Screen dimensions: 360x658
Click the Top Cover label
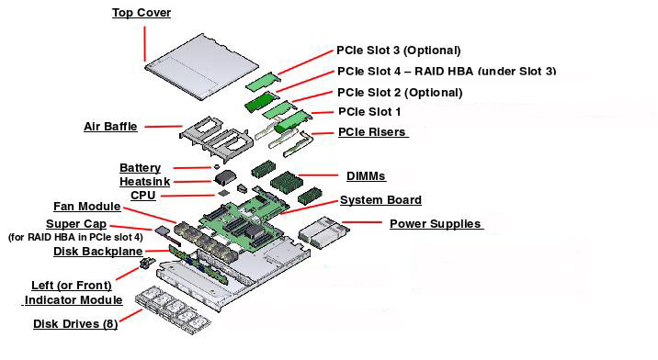click(x=142, y=13)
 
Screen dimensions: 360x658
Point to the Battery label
click(x=140, y=168)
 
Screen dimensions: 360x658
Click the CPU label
click(x=143, y=196)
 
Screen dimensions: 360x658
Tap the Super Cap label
click(x=75, y=224)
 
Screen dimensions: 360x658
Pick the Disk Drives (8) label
click(x=75, y=323)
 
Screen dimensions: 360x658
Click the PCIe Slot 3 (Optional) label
click(x=398, y=51)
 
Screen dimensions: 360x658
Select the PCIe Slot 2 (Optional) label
click(x=399, y=93)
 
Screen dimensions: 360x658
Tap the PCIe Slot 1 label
click(x=369, y=111)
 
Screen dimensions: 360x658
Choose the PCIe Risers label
click(x=371, y=132)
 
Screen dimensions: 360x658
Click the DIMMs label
click(x=366, y=175)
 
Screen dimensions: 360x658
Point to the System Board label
click(x=380, y=200)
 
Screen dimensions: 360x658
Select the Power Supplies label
click(x=436, y=224)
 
